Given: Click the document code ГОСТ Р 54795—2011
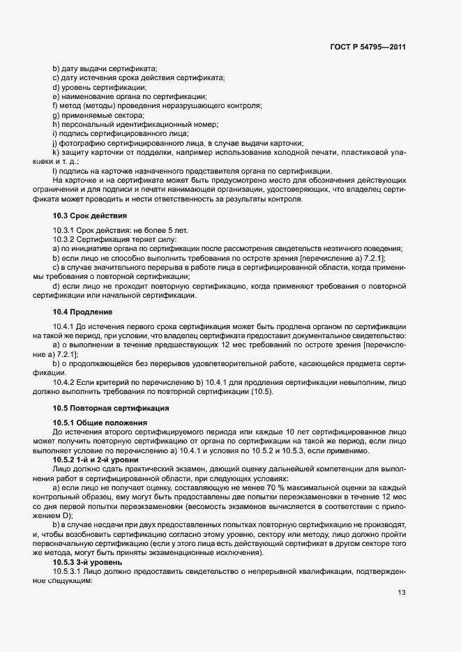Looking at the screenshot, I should [368, 47].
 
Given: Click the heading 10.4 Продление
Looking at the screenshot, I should [83, 311].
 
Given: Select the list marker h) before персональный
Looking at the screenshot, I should [55, 124].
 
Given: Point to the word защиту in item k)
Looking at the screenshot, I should [74, 151].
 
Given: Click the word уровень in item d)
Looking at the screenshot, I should [75, 87].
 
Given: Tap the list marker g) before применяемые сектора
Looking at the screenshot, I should [55, 115].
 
